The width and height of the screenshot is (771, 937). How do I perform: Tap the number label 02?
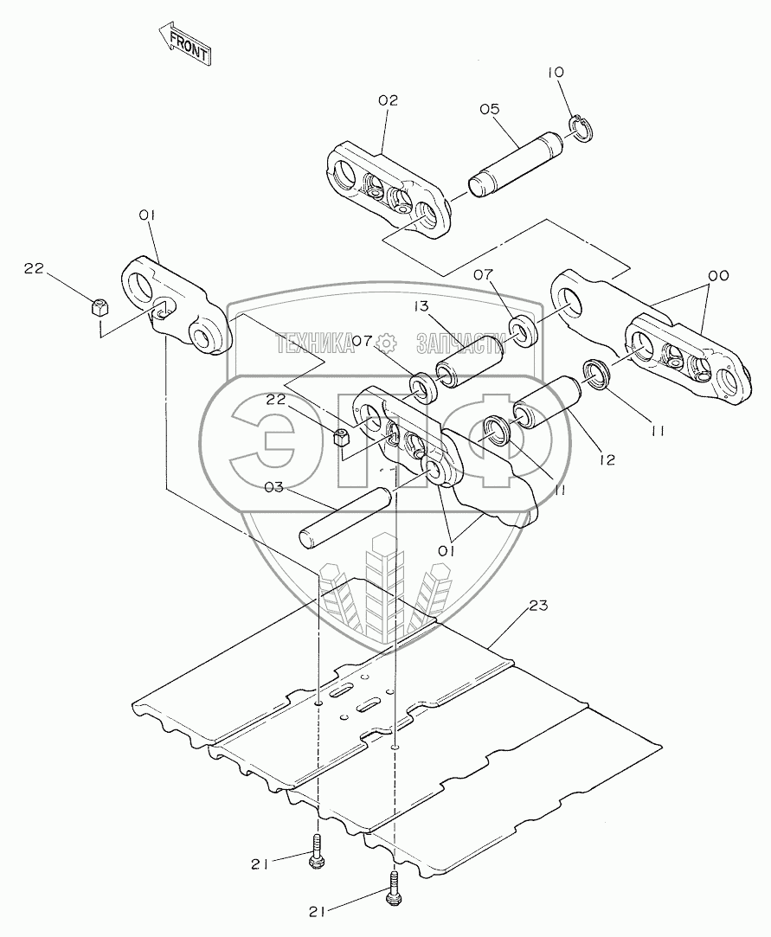(x=388, y=100)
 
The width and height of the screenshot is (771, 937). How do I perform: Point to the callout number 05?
(x=490, y=109)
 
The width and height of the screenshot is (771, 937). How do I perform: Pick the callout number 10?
(x=554, y=73)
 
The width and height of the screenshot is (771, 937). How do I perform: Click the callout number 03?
(x=274, y=489)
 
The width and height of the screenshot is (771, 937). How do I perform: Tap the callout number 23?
(x=539, y=606)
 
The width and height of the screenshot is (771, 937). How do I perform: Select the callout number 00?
(x=717, y=275)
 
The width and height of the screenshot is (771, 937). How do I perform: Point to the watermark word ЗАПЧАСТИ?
(x=460, y=343)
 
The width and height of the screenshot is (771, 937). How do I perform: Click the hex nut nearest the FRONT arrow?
(x=100, y=305)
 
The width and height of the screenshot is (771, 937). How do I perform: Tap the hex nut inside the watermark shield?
(x=341, y=438)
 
